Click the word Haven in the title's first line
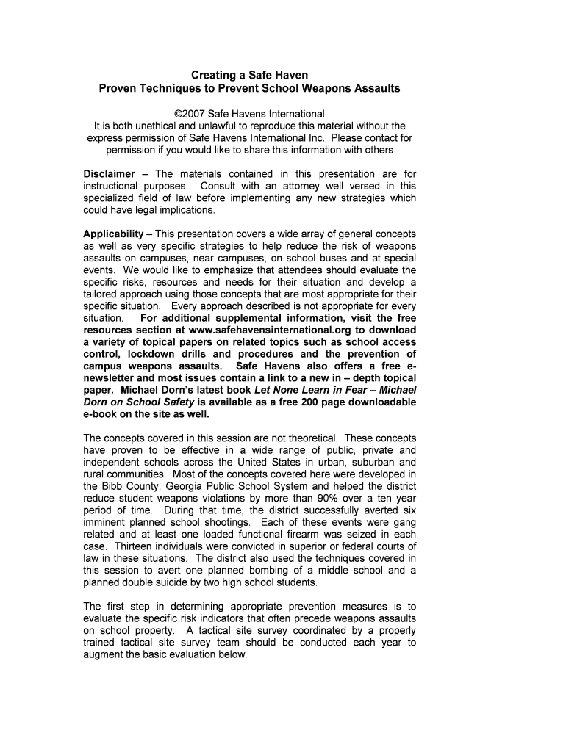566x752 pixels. (289, 75)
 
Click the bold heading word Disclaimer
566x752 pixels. (110, 174)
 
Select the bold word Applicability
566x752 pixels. (113, 234)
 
